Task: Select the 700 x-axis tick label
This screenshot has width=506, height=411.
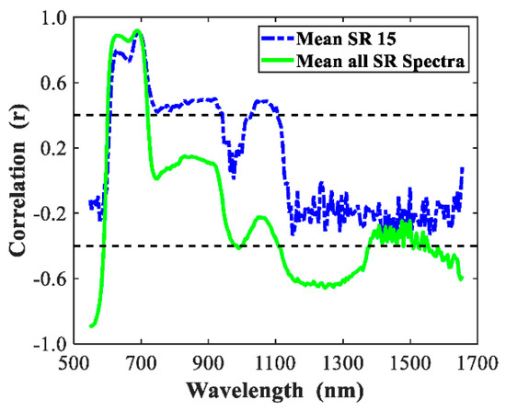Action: (141, 362)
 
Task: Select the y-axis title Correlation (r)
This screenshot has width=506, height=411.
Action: (16, 179)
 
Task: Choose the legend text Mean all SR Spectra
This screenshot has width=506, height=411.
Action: (386, 58)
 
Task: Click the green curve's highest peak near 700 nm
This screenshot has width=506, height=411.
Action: (138, 31)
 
